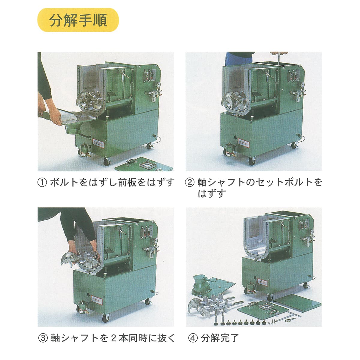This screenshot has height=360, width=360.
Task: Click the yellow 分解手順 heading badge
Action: click(x=78, y=20)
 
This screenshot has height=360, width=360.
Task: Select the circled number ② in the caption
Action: click(x=190, y=182)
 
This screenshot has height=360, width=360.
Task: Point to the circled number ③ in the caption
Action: click(x=43, y=338)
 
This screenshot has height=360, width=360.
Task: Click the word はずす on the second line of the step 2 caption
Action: click(x=211, y=194)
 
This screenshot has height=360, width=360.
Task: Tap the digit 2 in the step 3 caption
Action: click(x=113, y=338)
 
